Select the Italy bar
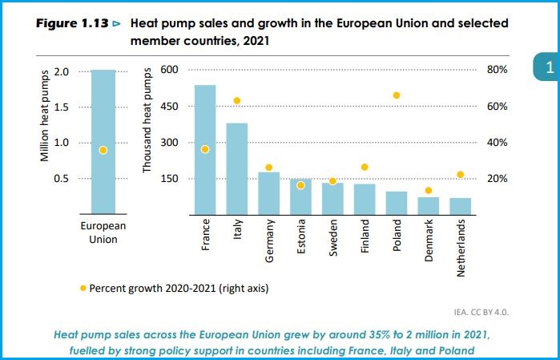[x=237, y=168]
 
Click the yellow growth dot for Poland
[x=396, y=95]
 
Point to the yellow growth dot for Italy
[x=237, y=101]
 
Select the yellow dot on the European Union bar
[x=103, y=150]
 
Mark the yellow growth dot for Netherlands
[x=460, y=175]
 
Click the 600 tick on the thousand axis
[x=171, y=71]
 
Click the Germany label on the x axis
[x=270, y=241]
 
